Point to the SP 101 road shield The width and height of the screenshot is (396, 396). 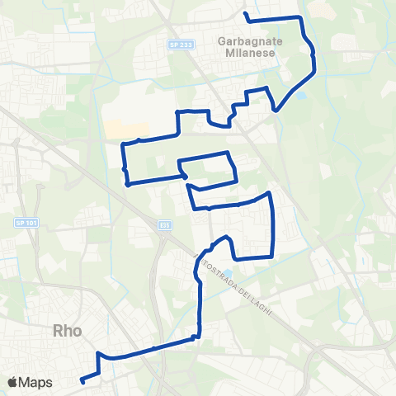(x=21, y=223)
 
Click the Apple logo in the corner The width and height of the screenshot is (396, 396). (x=12, y=382)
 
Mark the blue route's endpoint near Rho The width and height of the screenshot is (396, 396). (x=82, y=380)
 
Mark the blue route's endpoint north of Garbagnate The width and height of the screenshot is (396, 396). (x=246, y=14)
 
